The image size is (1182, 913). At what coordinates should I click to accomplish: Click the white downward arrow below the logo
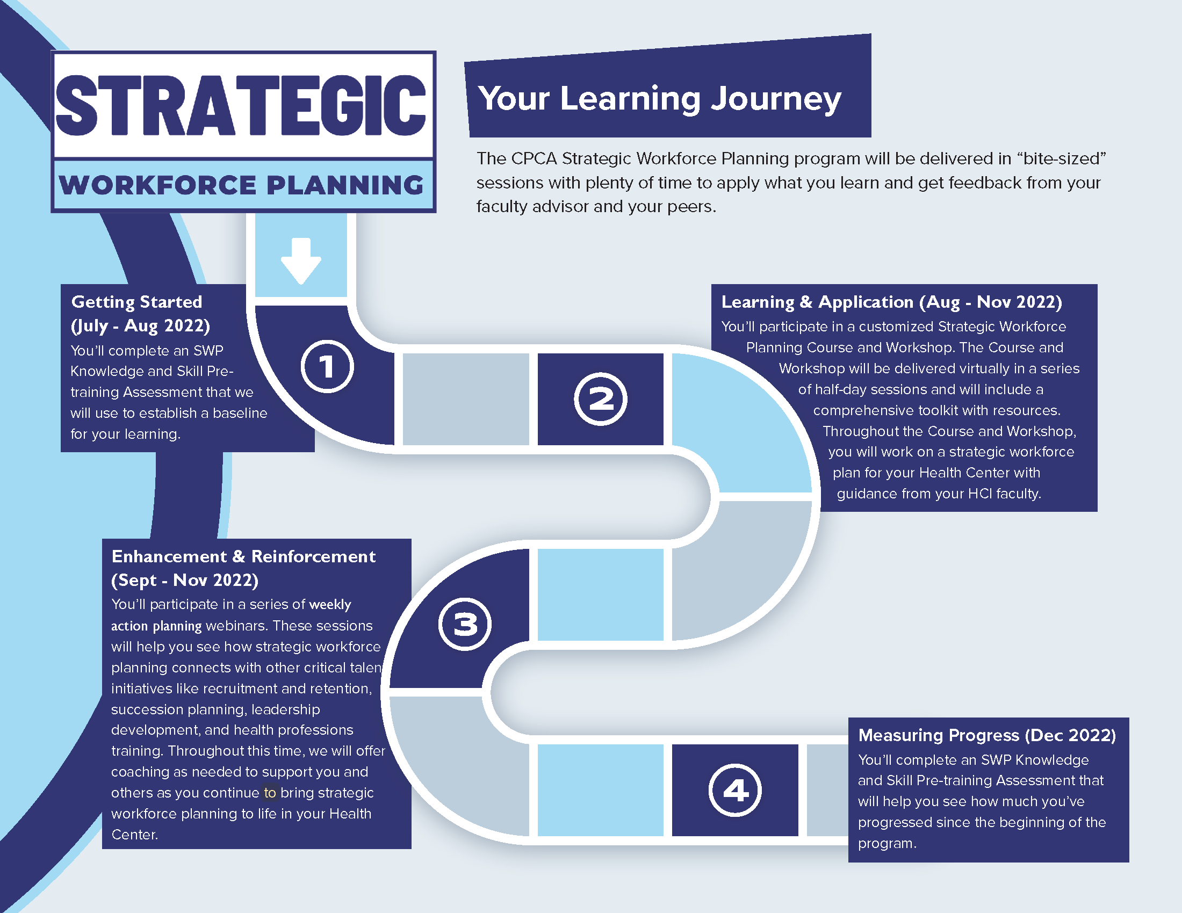point(301,260)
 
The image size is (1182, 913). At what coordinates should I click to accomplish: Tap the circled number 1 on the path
point(327,366)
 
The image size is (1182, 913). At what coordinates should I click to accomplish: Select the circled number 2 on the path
point(600,399)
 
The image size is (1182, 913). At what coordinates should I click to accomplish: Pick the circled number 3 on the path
point(465,624)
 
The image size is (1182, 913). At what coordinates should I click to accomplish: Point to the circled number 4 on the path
point(735,790)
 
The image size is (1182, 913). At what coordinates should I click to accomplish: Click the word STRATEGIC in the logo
point(241,105)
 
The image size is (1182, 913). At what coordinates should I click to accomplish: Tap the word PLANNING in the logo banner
point(345,185)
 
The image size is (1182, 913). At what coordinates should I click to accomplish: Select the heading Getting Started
point(137,301)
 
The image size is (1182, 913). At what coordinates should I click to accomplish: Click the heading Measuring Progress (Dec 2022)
point(987,735)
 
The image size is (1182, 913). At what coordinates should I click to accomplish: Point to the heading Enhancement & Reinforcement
point(243,556)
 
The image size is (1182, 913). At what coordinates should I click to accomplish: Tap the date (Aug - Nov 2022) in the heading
point(990,302)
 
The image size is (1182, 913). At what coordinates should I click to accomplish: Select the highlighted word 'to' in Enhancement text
point(270,793)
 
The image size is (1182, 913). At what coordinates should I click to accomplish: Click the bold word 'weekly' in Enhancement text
point(330,604)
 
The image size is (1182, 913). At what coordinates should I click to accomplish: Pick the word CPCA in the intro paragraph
point(534,158)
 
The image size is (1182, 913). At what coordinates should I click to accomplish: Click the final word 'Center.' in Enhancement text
point(135,835)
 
